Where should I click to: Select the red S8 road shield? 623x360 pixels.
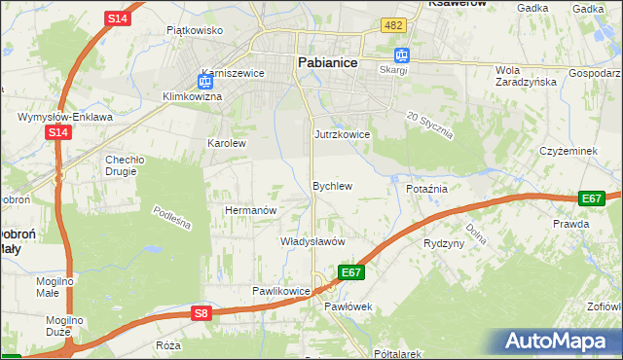[201, 313]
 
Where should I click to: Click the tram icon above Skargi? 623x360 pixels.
[401, 55]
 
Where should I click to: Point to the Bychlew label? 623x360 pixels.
[331, 185]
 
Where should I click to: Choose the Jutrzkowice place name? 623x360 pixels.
[342, 134]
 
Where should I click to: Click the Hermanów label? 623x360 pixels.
[252, 209]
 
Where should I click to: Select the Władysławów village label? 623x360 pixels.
[313, 240]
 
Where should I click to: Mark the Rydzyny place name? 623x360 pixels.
[444, 243]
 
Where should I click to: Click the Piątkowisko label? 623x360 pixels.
[195, 30]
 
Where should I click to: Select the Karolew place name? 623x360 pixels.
[227, 142]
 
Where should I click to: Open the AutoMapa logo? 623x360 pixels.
[558, 341]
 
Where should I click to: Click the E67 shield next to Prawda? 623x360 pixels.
[591, 198]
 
